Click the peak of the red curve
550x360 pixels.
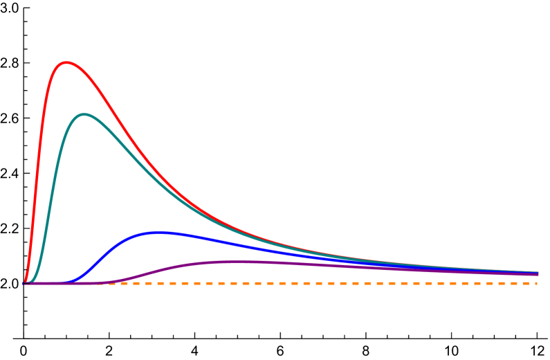[66, 63]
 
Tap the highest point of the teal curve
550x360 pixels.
[84, 115]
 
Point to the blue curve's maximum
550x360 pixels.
[160, 233]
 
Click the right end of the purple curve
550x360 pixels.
[537, 275]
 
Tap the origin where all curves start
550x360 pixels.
[24, 283]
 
